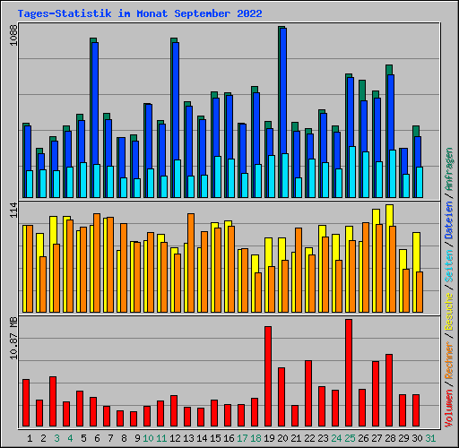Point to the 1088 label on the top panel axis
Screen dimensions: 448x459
[12, 37]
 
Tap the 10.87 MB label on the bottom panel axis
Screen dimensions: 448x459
[12, 341]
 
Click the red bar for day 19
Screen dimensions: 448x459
[267, 376]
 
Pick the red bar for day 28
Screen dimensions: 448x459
[389, 390]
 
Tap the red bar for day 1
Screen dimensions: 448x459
[26, 402]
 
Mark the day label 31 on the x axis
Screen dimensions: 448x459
[431, 438]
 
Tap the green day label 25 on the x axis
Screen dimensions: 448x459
[350, 438]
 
